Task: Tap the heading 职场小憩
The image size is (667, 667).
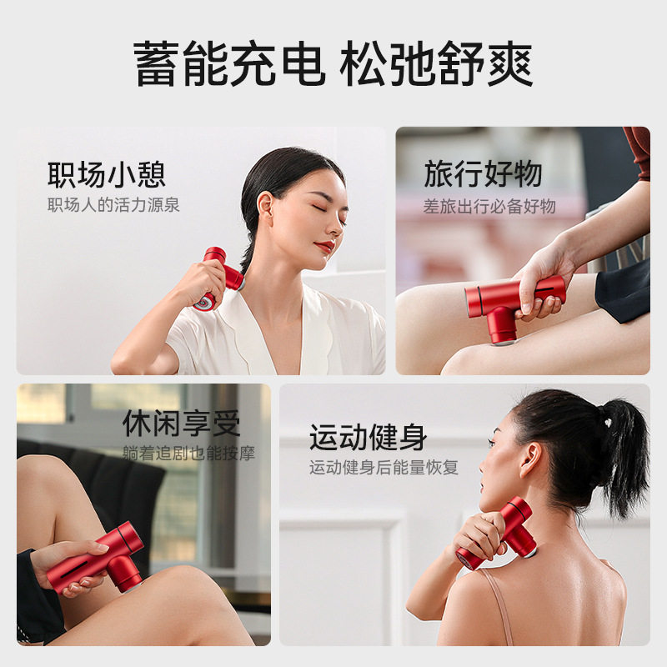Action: point(106,175)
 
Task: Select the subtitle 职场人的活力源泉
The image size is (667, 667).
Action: point(113,205)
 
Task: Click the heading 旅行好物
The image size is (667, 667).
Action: point(483,174)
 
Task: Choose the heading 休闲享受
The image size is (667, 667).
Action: point(181,424)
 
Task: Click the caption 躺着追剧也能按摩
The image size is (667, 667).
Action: point(188,454)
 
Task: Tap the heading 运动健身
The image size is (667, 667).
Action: point(368,437)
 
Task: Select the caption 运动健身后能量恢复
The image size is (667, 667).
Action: point(384,468)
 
